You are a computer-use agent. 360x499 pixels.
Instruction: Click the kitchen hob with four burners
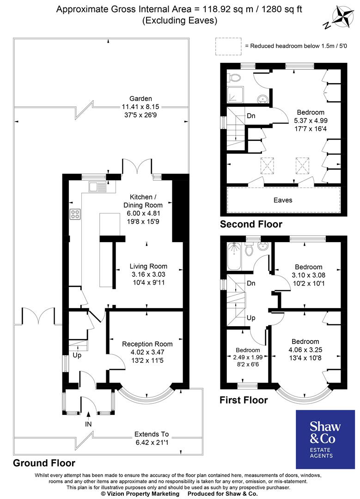[x=74, y=214]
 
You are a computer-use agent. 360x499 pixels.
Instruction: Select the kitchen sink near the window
[x=97, y=187]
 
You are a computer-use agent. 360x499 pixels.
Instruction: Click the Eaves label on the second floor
[x=283, y=200]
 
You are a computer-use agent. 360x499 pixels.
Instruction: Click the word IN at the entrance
[x=88, y=423]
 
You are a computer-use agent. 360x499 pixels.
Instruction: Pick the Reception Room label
[x=147, y=344]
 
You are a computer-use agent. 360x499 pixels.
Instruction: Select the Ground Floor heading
[x=44, y=462]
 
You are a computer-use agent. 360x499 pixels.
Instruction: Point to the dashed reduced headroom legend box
[x=228, y=45]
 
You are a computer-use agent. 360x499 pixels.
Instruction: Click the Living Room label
[x=148, y=266]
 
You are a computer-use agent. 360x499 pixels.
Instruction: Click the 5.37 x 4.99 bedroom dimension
[x=310, y=120]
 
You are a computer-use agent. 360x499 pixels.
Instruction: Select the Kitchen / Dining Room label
[x=143, y=201]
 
